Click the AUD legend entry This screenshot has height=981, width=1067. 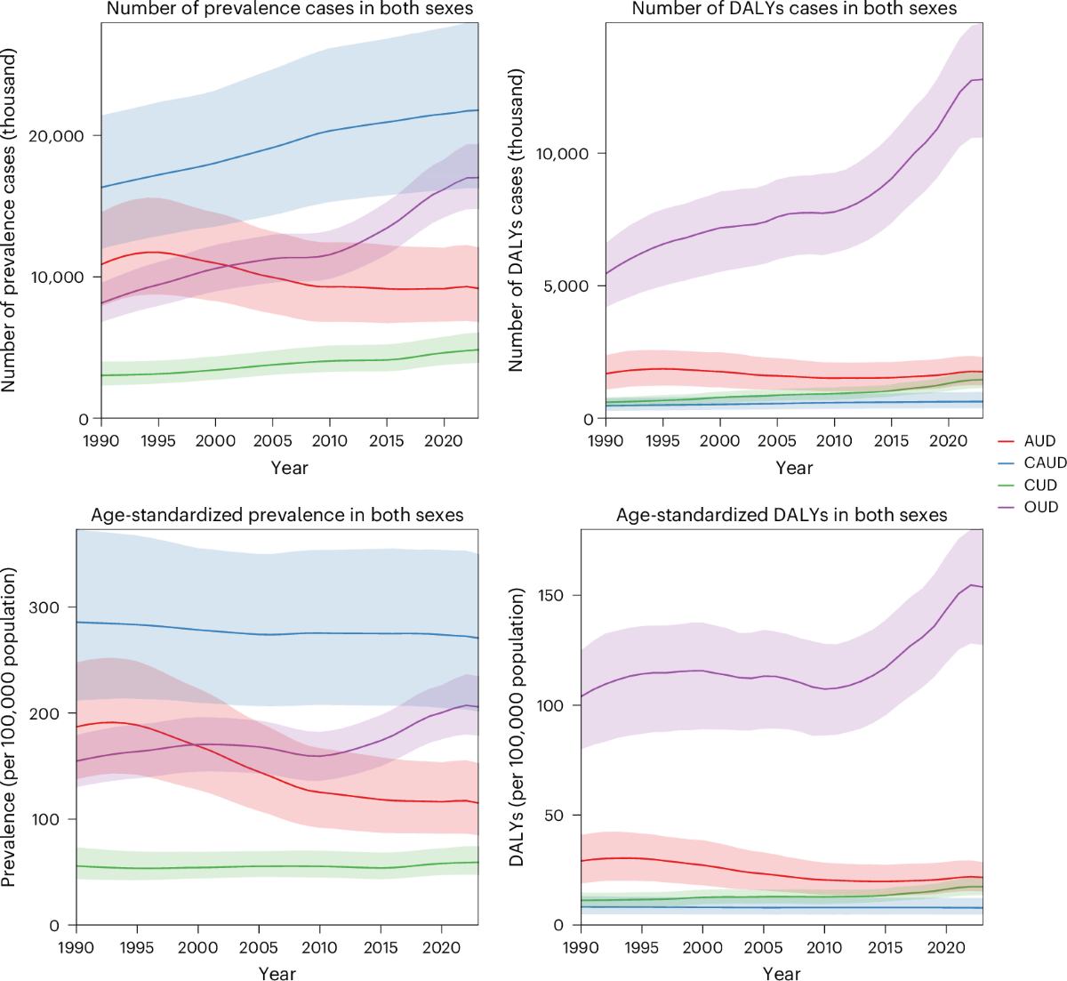(x=1039, y=441)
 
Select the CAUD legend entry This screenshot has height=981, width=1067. (x=1044, y=462)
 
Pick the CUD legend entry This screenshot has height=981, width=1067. (x=1039, y=485)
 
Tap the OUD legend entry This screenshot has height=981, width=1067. (x=1040, y=507)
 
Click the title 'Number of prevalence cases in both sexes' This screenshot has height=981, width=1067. (x=289, y=9)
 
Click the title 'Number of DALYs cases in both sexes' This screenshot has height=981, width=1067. (x=794, y=9)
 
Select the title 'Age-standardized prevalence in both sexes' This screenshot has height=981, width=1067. (x=277, y=515)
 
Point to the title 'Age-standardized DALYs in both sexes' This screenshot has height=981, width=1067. (x=782, y=515)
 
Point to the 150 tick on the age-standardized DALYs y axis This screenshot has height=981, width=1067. (x=551, y=595)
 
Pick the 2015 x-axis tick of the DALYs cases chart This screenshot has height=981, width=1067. (x=891, y=441)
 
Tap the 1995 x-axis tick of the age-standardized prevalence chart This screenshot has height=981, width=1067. (x=137, y=948)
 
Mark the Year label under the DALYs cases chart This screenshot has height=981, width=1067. (x=794, y=468)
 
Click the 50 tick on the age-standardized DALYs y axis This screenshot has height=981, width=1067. (x=556, y=816)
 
